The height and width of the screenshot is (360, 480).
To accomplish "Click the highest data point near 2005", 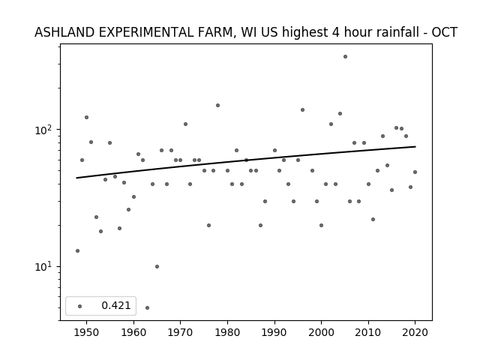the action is point(345,57).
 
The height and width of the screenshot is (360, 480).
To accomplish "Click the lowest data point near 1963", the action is point(147,307).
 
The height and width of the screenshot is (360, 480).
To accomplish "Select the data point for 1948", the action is point(77,250).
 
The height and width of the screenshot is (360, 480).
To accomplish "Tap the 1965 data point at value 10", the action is point(157,267).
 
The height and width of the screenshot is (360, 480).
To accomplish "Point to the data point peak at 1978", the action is point(217,105).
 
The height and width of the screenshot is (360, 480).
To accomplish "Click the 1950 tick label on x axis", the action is point(87,332).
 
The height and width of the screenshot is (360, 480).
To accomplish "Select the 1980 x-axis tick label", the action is point(227,332).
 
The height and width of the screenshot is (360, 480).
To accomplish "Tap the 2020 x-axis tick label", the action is point(415,332).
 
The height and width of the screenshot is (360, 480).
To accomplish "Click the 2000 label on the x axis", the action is point(322,332).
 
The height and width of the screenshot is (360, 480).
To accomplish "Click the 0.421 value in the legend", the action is point(116,305).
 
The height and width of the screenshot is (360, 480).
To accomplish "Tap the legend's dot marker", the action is point(80,306).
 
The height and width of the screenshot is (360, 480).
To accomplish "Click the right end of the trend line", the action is point(415,147).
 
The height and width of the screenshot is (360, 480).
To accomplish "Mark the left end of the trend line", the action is point(76,178).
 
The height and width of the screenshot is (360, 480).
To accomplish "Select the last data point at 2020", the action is point(415,172).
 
